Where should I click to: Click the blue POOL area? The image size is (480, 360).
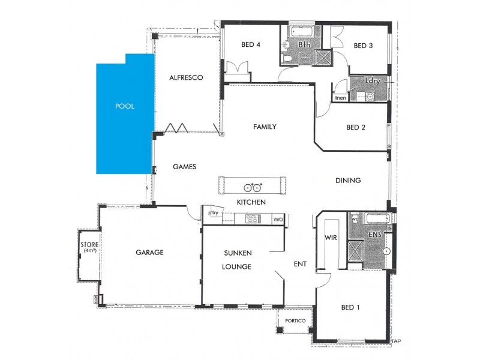click(x=125, y=114)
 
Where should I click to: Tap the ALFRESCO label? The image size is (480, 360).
click(x=187, y=77)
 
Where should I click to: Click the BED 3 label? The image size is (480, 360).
click(x=364, y=45)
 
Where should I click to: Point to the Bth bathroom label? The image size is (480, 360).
click(x=304, y=44)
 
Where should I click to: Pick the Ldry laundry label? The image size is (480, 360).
click(x=372, y=80)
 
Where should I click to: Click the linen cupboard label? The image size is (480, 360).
click(x=340, y=97)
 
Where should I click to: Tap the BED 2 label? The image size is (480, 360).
click(x=356, y=127)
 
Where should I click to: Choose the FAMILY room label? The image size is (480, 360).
click(x=265, y=127)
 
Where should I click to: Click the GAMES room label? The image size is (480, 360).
click(x=185, y=167)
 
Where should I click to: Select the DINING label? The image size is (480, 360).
click(x=348, y=180)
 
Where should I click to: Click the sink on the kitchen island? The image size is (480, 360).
click(x=254, y=185)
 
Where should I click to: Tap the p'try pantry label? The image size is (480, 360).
click(x=213, y=213)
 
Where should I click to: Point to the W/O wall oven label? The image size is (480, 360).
click(x=278, y=220)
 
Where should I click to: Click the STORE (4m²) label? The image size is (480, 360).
click(x=89, y=247)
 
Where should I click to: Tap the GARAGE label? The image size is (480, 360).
click(x=149, y=253)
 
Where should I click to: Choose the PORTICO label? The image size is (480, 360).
click(x=295, y=321)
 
